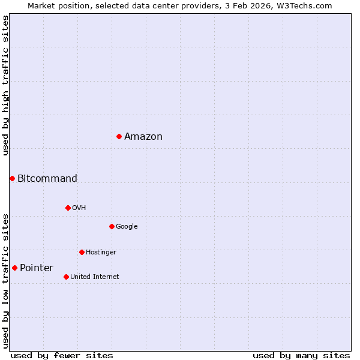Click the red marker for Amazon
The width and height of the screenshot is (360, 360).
pos(119,137)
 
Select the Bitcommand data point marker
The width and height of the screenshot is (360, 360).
pos(12,178)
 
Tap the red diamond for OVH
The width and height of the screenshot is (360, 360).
pos(68,208)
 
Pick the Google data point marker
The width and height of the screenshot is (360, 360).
pos(112,226)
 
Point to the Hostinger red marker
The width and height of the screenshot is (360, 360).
pos(82,252)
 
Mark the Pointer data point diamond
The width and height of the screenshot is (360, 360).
pos(14,268)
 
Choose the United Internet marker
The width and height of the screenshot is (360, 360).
pos(66,277)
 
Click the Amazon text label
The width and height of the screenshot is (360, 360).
pos(143,137)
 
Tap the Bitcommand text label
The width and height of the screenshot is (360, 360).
pos(47,178)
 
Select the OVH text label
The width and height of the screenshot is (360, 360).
pos(79,208)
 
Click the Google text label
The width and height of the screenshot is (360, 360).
pos(127,226)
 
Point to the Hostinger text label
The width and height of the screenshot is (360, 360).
pos(101,252)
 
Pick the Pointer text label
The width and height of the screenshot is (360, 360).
pos(37,268)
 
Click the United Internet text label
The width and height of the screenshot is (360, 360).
pos(95,277)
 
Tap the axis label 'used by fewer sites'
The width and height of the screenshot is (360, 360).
pos(62,355)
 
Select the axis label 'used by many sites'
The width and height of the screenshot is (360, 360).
pos(301,355)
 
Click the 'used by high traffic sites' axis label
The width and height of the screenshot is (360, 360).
pos(5,86)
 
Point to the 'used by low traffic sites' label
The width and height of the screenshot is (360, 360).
pos(5,280)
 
